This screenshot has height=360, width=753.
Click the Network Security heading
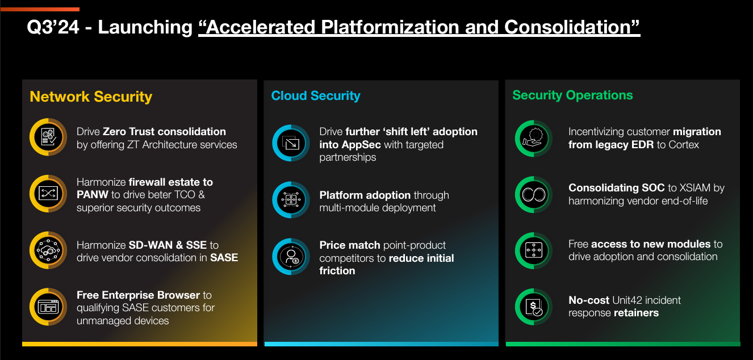click(x=91, y=97)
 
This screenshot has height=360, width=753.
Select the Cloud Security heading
click(x=316, y=96)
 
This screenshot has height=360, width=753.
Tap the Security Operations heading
click(x=572, y=95)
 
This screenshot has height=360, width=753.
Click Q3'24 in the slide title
click(x=52, y=27)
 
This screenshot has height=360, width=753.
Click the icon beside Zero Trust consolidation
click(x=48, y=137)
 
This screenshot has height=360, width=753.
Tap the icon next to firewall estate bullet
click(x=48, y=194)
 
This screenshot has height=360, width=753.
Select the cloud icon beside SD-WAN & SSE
click(x=48, y=250)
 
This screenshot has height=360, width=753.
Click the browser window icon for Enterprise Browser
click(x=48, y=307)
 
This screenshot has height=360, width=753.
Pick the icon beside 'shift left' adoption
click(x=291, y=144)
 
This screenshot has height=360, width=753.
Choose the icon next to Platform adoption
click(x=291, y=200)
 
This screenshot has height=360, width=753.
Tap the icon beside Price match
click(x=291, y=257)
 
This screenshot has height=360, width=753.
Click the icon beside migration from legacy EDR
click(x=534, y=138)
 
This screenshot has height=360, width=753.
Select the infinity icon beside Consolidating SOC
click(x=534, y=194)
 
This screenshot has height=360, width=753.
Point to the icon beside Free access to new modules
click(x=534, y=250)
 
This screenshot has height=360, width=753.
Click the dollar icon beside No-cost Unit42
click(x=534, y=307)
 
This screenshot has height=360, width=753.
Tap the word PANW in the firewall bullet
click(x=92, y=195)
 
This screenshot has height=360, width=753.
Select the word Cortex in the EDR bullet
click(x=683, y=145)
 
